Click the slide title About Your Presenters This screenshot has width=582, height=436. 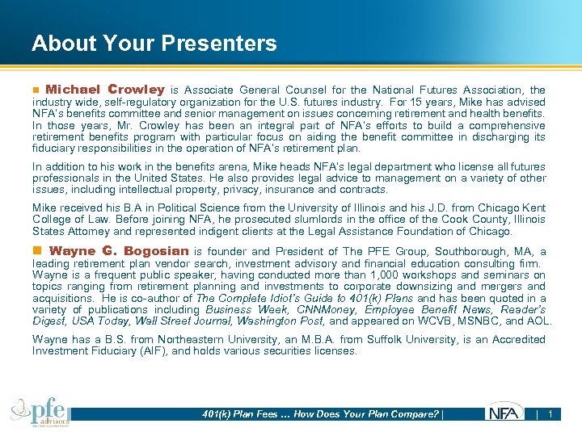(154, 44)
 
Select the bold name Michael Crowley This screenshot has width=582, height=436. (105, 90)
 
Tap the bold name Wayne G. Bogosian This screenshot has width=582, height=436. (119, 251)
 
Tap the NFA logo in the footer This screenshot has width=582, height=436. (505, 413)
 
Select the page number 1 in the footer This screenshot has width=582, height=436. (550, 414)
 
